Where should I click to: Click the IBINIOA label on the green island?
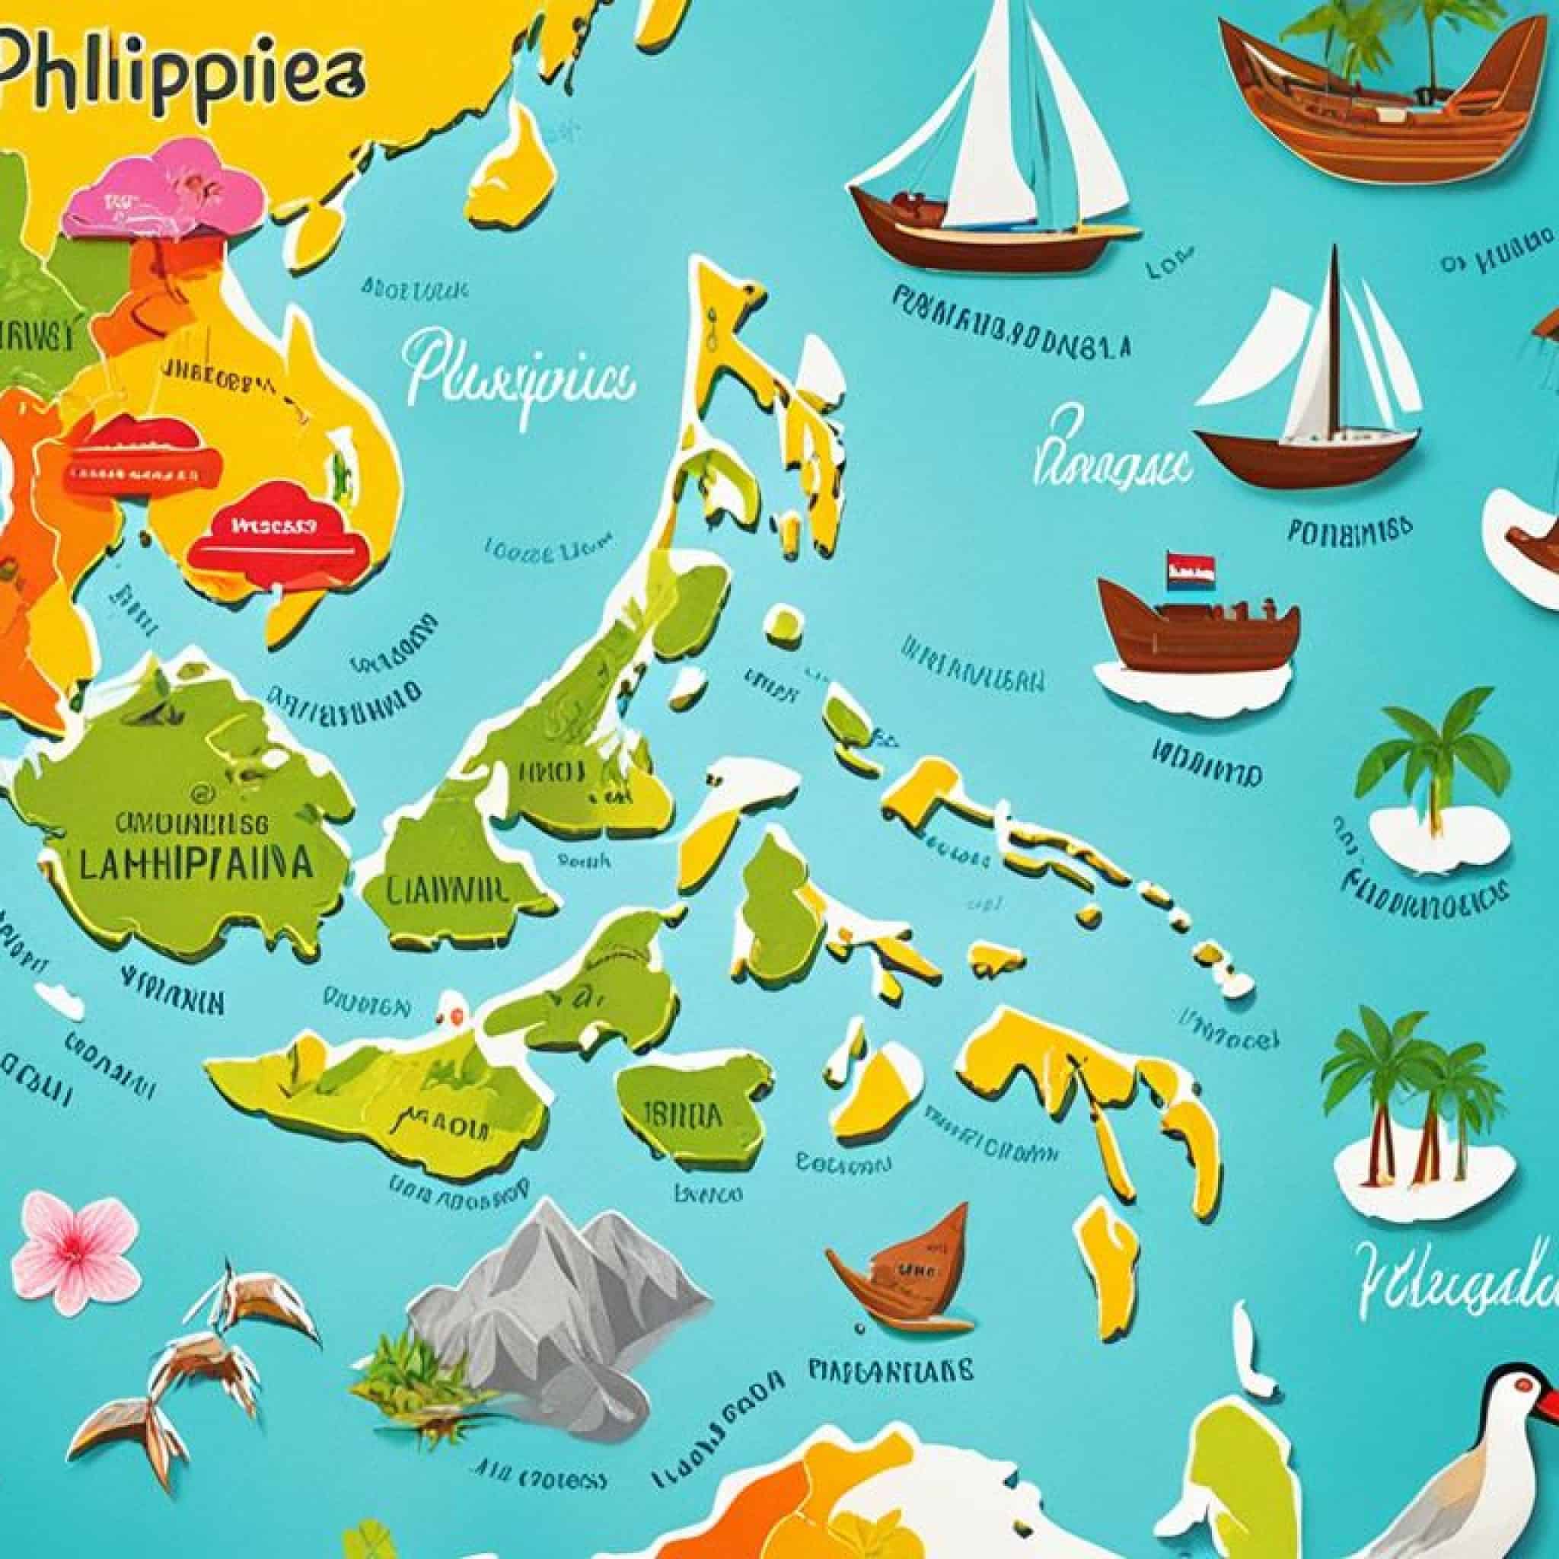pyautogui.click(x=682, y=1116)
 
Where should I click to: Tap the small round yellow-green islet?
pyautogui.click(x=783, y=623)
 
